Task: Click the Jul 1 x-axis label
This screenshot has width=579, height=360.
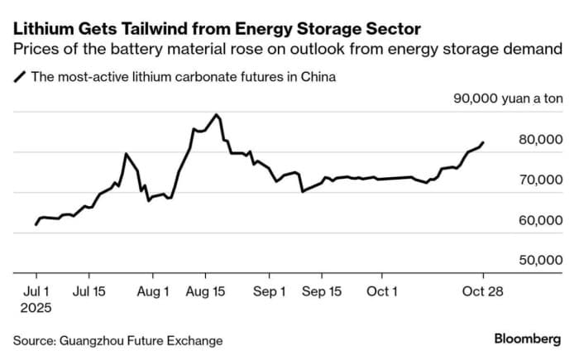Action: pyautogui.click(x=36, y=292)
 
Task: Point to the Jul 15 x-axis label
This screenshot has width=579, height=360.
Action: pyautogui.click(x=89, y=292)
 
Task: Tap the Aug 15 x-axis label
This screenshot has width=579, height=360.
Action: pyautogui.click(x=206, y=292)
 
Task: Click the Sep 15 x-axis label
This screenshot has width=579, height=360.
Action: pyautogui.click(x=322, y=292)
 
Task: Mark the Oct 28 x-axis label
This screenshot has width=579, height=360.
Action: pyautogui.click(x=484, y=292)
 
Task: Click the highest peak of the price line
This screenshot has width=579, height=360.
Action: pyautogui.click(x=216, y=114)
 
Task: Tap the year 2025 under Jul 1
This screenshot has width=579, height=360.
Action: pyautogui.click(x=37, y=308)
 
